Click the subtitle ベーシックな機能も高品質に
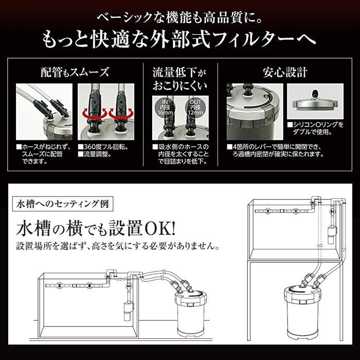[179, 19]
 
